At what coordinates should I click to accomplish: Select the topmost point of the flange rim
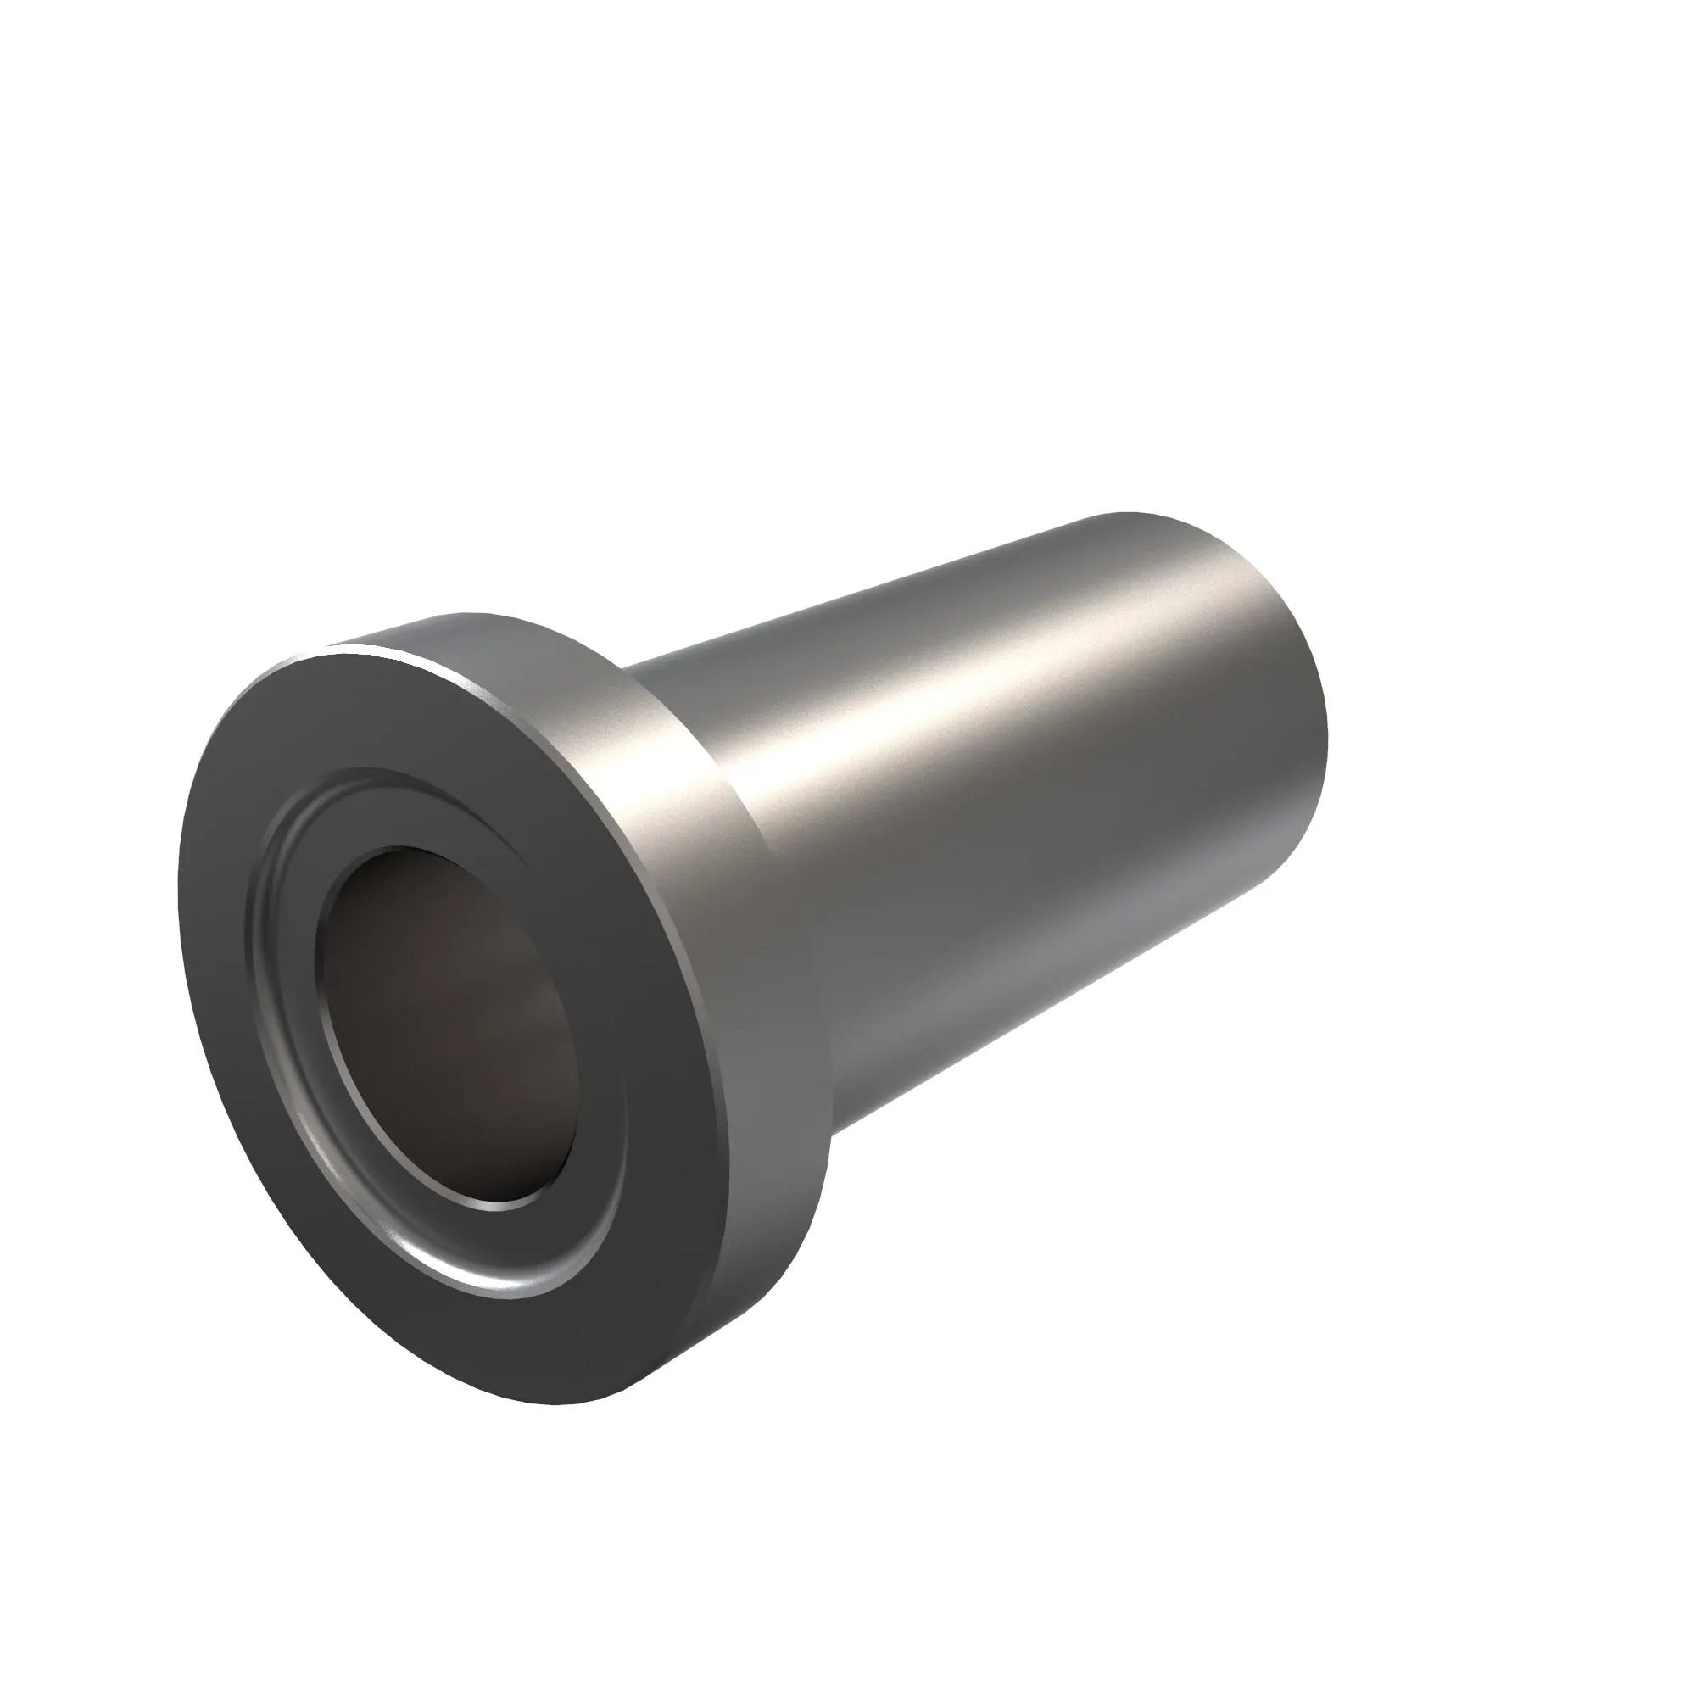point(456,614)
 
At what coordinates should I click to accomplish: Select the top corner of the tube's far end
point(1132,513)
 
